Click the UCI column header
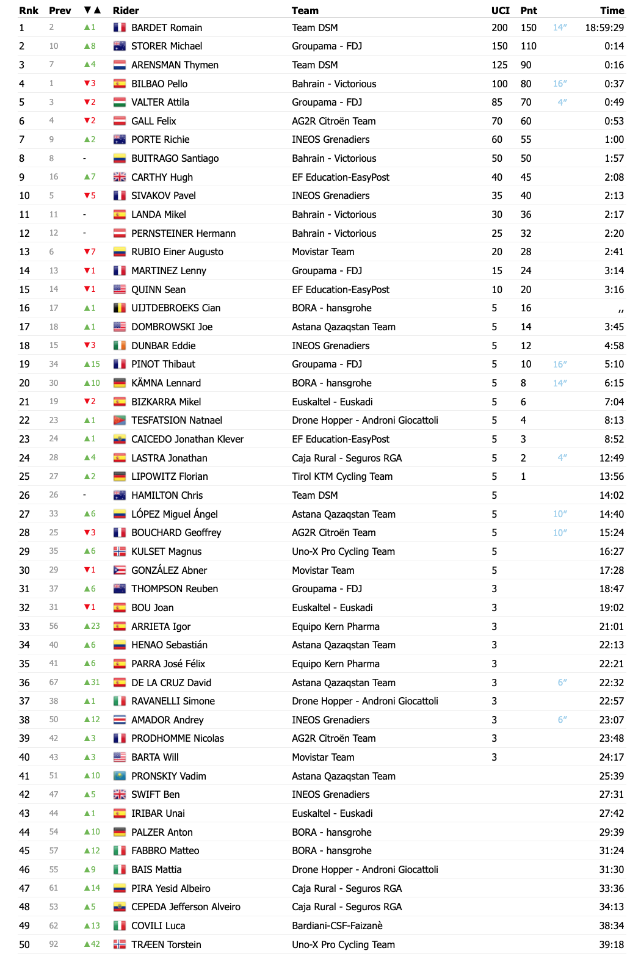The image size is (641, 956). pos(500,10)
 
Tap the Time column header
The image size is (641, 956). pos(612,10)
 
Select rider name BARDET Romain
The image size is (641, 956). pos(167,27)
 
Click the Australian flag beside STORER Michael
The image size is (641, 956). pos(120,46)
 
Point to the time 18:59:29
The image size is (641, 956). pos(604,27)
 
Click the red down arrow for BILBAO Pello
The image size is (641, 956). pos(87,84)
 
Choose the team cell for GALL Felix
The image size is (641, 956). pos(333,121)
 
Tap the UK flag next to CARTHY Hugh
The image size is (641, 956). pos(120,177)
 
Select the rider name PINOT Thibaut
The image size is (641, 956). pos(163,364)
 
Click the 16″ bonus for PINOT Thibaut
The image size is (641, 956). pos(560,364)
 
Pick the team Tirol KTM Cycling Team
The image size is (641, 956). pos(342,476)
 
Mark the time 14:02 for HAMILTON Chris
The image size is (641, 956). pos(611,495)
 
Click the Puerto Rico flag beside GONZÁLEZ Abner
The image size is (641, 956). pos(120,570)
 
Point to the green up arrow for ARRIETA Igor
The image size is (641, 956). pos(87,626)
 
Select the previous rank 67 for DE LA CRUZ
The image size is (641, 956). pos(54,683)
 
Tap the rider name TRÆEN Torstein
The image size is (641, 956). pos(166,944)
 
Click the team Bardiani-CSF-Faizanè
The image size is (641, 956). pos(337,925)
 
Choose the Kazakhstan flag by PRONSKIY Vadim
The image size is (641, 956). pos(120,776)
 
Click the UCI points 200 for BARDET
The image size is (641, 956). pos(499,27)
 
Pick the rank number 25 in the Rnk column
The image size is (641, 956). pos(24,476)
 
